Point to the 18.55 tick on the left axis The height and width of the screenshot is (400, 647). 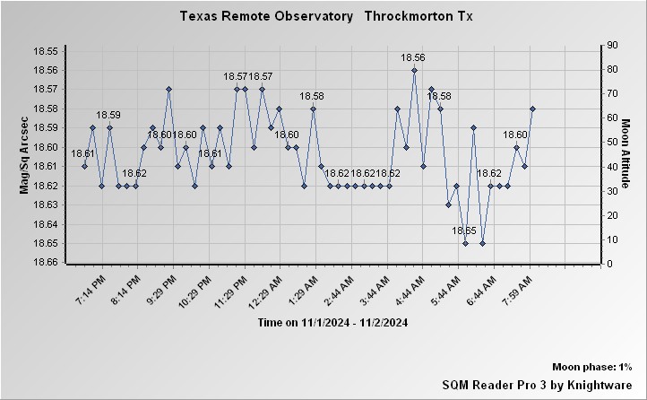coord(45,51)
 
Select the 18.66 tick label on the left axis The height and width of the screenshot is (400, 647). coord(45,262)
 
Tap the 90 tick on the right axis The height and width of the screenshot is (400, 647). coord(613,45)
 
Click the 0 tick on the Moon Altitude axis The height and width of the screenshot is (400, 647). coord(610,264)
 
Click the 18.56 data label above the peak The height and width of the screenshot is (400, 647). coord(414,58)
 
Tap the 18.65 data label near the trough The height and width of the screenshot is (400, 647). coord(464,231)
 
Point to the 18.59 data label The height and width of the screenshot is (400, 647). coord(108,115)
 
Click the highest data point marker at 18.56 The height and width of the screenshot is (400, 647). coord(414,70)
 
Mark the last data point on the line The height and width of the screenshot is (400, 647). coord(532,109)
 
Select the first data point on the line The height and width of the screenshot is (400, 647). coord(84,166)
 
